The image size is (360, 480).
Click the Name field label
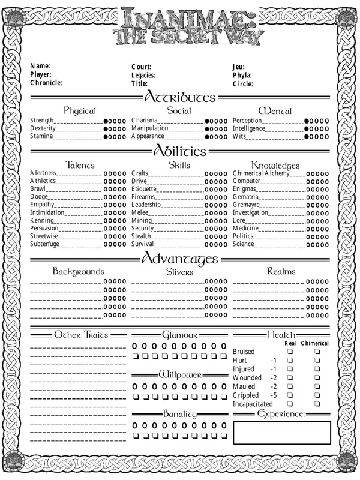40,66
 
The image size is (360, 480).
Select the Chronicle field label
46,83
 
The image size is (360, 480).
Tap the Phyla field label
242,75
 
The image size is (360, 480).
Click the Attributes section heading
179,97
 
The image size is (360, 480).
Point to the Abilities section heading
179,151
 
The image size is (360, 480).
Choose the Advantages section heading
179,259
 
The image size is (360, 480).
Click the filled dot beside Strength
106,121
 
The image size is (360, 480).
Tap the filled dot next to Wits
307,137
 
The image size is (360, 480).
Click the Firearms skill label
143,197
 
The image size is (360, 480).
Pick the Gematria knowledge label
245,197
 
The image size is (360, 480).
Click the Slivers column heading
179,272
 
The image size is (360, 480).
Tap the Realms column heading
281,272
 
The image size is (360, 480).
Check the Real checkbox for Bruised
290,352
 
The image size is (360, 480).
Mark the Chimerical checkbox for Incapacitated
317,404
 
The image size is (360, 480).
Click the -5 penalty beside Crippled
274,395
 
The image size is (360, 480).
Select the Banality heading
179,414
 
